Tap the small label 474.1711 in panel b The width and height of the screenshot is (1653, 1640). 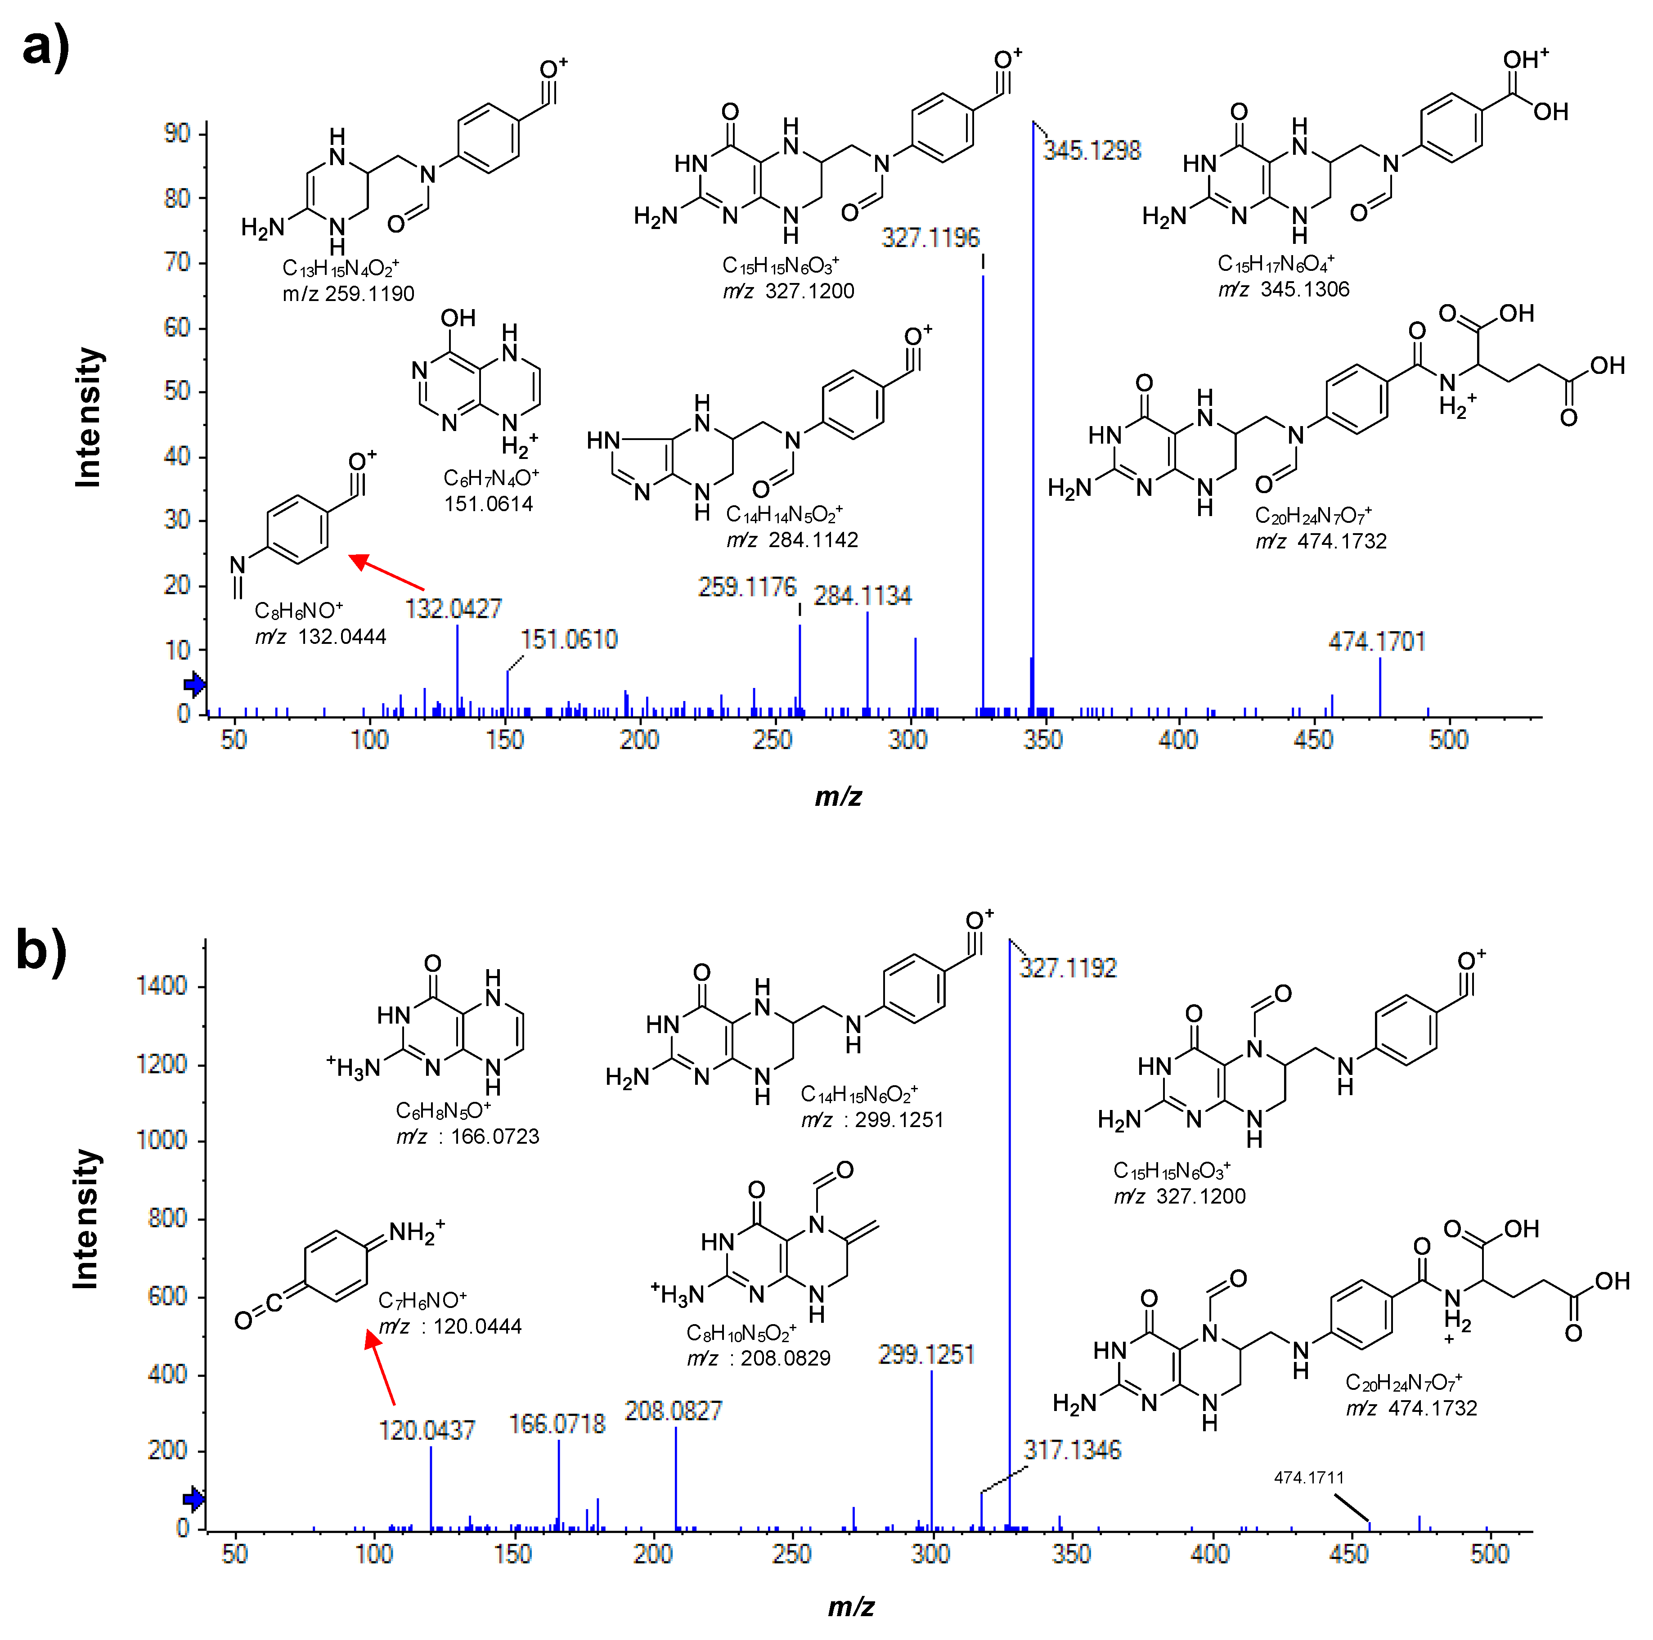click(1309, 1478)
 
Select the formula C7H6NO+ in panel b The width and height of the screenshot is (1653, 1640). click(422, 1301)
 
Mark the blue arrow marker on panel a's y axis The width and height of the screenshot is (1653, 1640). click(195, 683)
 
